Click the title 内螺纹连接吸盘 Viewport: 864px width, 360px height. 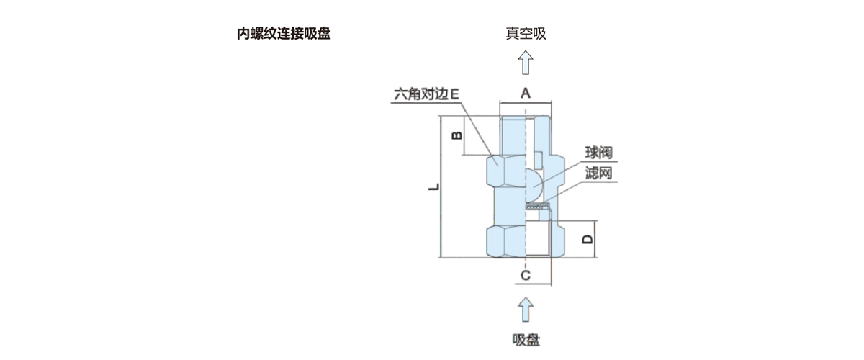tap(284, 34)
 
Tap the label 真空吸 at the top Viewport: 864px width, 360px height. tap(526, 34)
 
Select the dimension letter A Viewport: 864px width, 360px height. tap(526, 93)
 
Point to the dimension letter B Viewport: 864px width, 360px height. tap(456, 135)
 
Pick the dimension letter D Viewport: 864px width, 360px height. tap(588, 238)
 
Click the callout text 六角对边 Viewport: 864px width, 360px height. tap(420, 94)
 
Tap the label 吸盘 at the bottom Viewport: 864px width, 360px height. tap(526, 340)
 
